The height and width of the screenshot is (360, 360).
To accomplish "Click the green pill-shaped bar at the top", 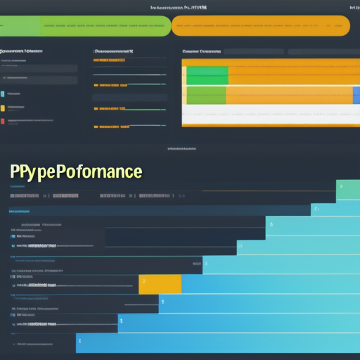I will (84, 26).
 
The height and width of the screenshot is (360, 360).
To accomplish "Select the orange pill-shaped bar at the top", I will (260, 26).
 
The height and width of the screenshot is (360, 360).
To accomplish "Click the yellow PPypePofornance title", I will (76, 172).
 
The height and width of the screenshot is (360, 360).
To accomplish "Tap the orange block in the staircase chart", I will (160, 284).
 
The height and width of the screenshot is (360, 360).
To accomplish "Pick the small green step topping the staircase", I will (348, 190).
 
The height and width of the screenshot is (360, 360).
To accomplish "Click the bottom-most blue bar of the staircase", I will (218, 343).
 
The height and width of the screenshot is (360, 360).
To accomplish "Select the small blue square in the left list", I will (3, 94).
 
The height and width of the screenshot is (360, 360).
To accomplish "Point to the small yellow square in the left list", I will (3, 108).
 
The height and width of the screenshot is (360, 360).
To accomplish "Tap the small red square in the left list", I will (3, 121).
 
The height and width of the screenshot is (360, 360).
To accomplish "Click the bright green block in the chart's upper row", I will (207, 75).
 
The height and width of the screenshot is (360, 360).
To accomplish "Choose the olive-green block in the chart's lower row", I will (206, 95).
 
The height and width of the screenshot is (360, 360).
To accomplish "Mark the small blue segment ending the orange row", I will (356, 95).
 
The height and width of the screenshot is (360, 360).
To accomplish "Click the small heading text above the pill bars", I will (179, 7).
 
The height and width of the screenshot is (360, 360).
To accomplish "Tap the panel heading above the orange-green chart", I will (201, 51).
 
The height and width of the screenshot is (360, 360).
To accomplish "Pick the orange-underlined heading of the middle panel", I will (114, 51).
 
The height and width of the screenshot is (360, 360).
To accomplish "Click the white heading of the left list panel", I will (21, 51).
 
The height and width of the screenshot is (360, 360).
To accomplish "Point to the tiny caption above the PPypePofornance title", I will (180, 149).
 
